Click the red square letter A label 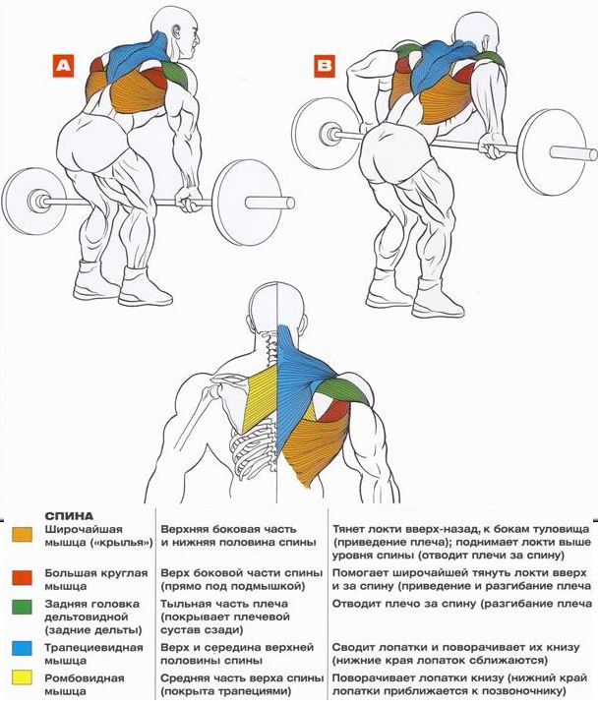63,66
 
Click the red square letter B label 325,66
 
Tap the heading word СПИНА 69,516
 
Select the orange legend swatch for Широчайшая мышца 22,535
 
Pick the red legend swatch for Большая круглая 22,578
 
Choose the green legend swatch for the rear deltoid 22,607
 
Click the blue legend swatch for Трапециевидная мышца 22,648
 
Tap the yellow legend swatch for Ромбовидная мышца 22,677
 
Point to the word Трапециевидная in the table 93,648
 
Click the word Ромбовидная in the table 84,677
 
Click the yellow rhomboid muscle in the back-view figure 261,396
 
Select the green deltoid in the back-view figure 348,390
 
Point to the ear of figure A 176,32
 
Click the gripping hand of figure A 189,199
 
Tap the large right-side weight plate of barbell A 247,203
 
